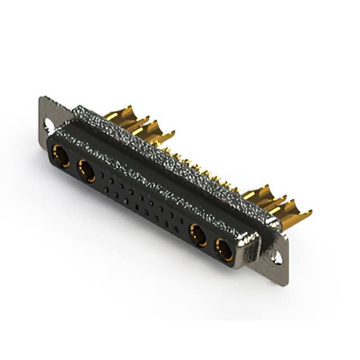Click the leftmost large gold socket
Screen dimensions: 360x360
tap(61, 156)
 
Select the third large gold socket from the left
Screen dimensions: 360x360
tap(198, 235)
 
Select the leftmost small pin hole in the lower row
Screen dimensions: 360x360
tap(105, 190)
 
